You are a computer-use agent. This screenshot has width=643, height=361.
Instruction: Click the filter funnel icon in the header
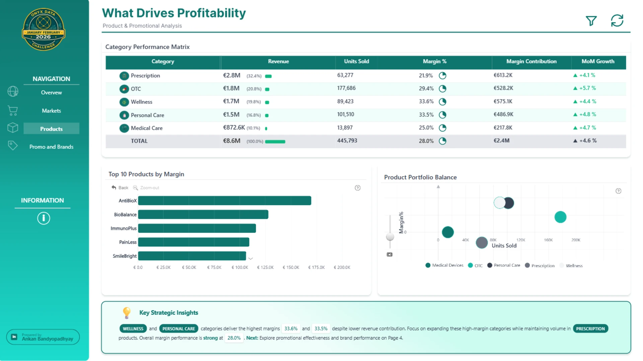pos(591,21)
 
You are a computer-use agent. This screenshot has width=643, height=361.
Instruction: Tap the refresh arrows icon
pos(617,20)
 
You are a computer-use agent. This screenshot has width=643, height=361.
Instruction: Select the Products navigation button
pos(51,129)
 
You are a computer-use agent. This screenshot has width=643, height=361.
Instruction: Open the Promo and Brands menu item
pos(51,147)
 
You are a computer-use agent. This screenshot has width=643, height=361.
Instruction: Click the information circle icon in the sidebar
pos(44,218)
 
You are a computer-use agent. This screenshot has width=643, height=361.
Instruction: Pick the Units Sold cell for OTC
pos(346,88)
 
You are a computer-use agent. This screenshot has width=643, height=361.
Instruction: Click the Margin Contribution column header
pos(531,62)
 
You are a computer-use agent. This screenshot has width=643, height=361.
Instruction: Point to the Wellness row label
pos(141,102)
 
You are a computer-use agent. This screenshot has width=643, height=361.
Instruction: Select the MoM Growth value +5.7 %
pos(588,88)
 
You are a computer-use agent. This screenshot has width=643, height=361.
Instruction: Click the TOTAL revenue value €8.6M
pos(232,141)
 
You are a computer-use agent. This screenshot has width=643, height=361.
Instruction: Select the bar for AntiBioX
pos(225,201)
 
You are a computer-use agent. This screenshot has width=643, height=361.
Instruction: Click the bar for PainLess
pos(194,242)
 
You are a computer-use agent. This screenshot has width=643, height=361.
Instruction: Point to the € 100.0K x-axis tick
pos(240,267)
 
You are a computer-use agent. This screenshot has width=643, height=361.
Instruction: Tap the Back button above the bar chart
pos(120,188)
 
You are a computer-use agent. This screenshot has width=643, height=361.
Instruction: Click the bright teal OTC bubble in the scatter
pos(560,217)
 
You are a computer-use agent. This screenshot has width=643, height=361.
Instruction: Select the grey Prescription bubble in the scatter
pos(482,243)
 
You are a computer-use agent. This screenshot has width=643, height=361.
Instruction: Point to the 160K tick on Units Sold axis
pos(548,240)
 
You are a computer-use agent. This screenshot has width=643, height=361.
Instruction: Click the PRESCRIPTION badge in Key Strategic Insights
pos(590,329)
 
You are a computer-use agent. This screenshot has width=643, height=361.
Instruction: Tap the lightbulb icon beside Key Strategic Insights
pos(127,313)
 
